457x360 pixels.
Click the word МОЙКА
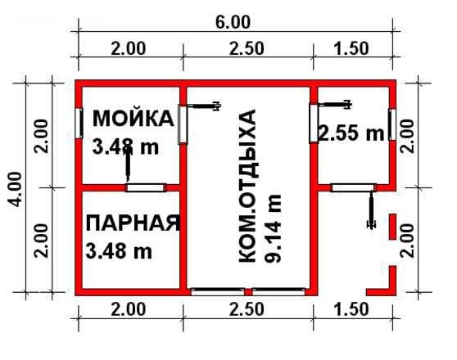133,119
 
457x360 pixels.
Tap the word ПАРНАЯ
132,223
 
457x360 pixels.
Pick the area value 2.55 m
351,133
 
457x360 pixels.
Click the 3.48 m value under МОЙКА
125,146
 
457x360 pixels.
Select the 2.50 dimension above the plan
247,47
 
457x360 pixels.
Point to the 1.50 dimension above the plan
352,47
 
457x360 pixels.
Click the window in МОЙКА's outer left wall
79,123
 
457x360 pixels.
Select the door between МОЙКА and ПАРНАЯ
147,187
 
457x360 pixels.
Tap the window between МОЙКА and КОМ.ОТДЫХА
183,123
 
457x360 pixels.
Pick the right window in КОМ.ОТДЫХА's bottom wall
278,290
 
